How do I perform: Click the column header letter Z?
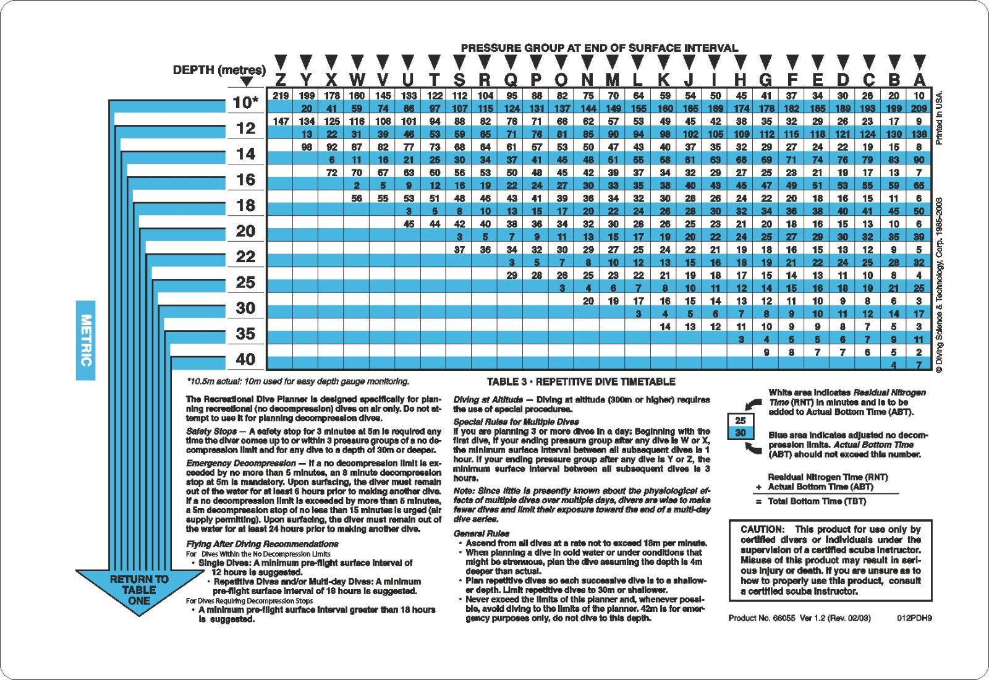point(281,79)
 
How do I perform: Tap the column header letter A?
point(919,79)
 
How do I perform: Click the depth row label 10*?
point(245,103)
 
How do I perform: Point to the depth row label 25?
point(245,283)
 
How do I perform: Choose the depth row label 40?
point(245,359)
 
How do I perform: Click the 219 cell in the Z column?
point(281,96)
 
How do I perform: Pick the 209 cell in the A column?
point(919,109)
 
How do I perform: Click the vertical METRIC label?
point(86,340)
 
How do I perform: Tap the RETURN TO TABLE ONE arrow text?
point(139,590)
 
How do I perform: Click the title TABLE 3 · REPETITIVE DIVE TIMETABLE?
point(580,382)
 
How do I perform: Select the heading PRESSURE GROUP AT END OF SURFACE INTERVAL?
point(599,48)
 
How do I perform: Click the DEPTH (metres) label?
point(219,70)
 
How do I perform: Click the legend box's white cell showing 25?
point(741,421)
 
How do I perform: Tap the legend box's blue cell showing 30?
point(741,433)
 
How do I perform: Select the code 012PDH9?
point(914,618)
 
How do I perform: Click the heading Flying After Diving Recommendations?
point(262,544)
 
